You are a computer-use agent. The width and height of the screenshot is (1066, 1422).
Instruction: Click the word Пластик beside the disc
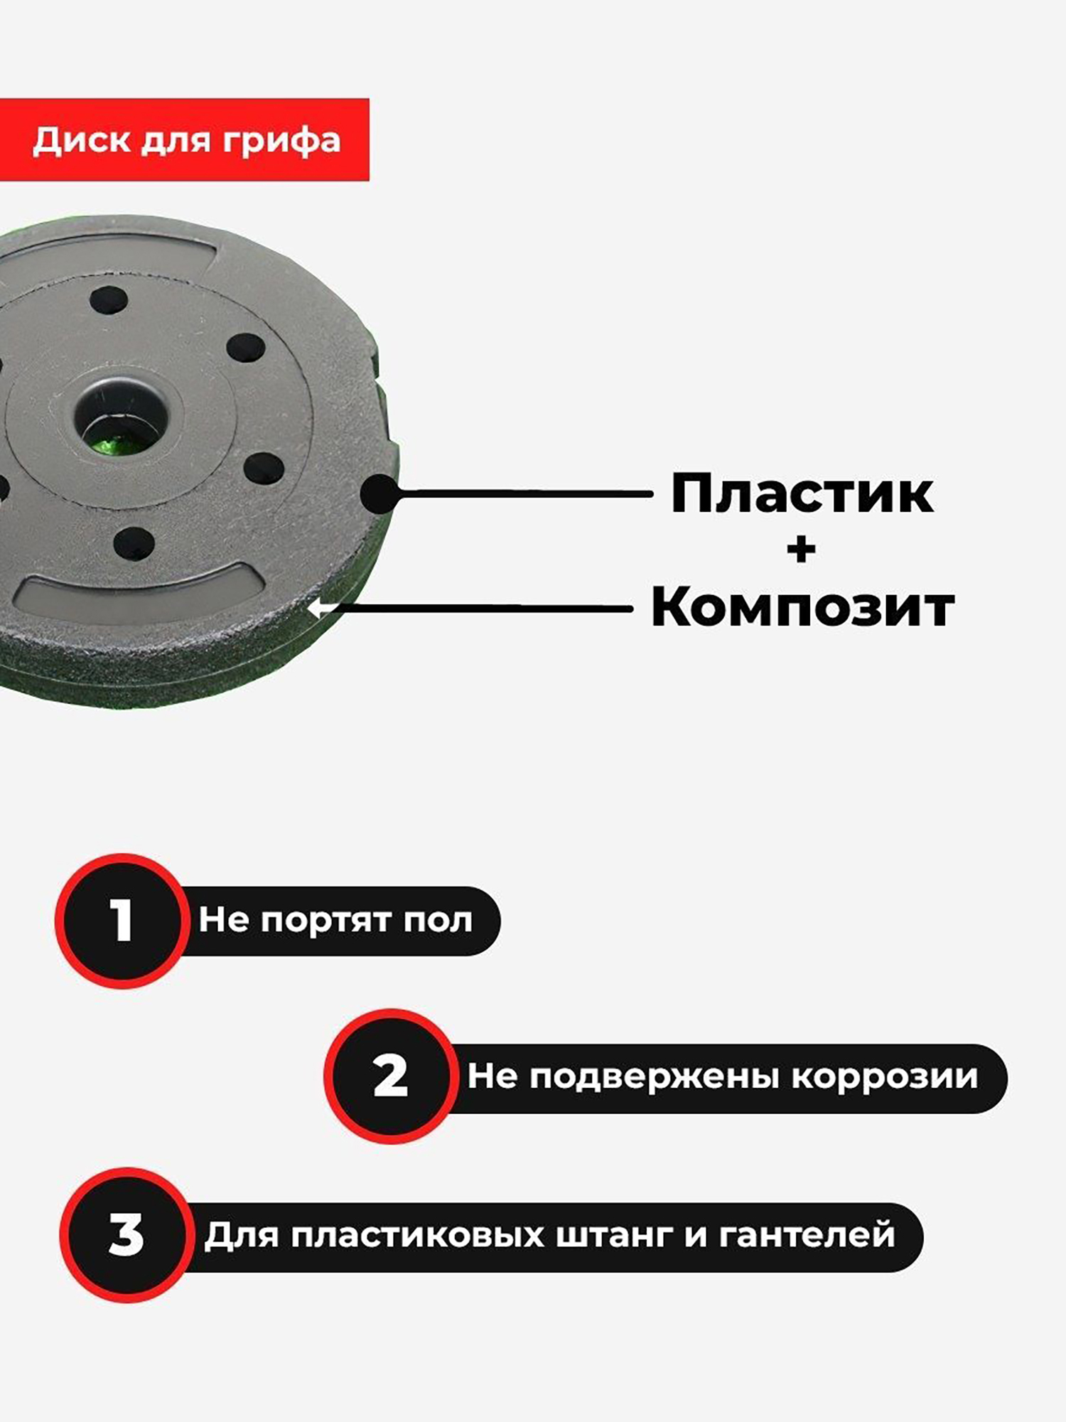click(802, 493)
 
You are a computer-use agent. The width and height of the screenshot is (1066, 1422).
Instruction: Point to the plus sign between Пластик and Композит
click(802, 550)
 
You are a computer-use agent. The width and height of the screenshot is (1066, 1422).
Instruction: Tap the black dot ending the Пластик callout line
click(381, 493)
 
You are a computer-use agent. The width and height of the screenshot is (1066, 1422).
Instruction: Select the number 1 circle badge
click(123, 921)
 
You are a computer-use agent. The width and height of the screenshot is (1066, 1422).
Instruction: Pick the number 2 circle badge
click(391, 1076)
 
